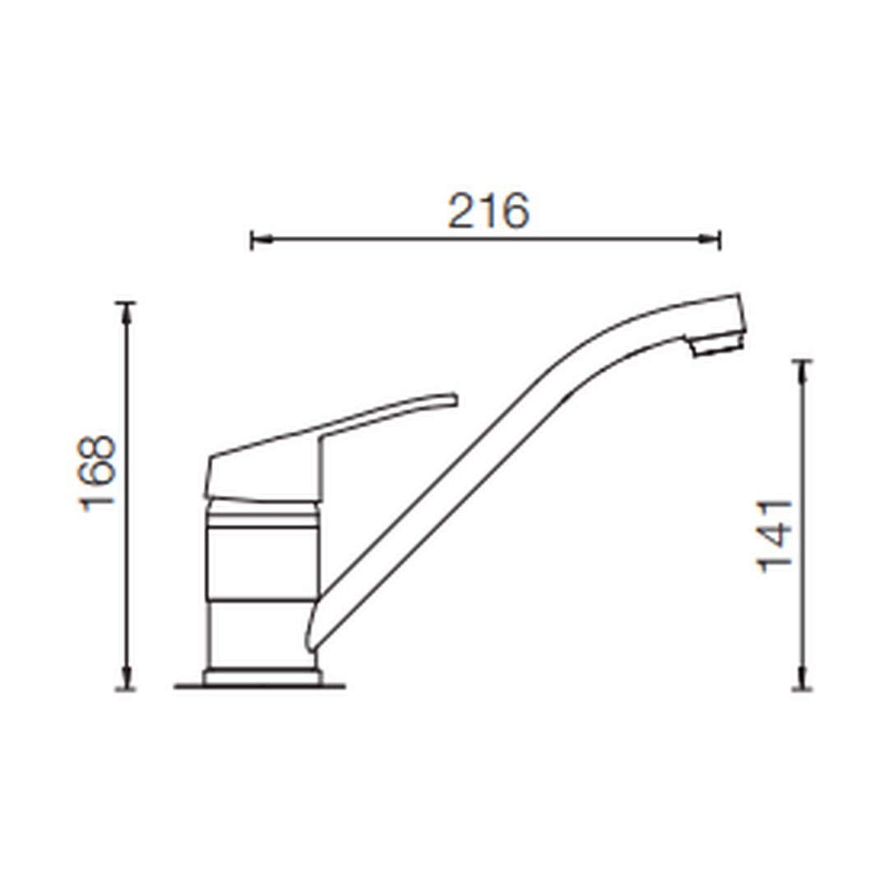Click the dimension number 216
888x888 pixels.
(488, 210)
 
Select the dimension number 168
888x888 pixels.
(97, 474)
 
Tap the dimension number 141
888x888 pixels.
(775, 536)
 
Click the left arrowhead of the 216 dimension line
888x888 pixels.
(261, 240)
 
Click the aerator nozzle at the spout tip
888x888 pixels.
(716, 345)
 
